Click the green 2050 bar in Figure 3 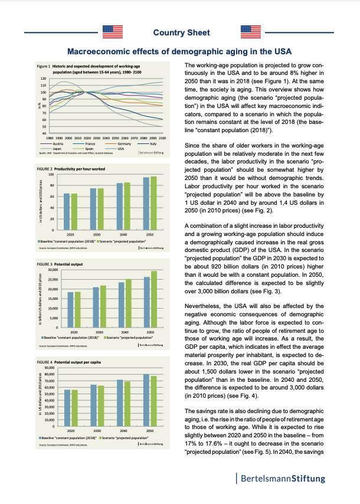pos(153,299)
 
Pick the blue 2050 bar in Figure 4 pos(146,400)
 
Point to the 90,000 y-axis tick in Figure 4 pos(50,368)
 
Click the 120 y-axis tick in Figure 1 pos(43,78)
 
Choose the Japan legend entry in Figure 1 pos(57,149)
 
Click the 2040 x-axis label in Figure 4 pos(125,431)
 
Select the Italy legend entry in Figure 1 pos(152,144)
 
